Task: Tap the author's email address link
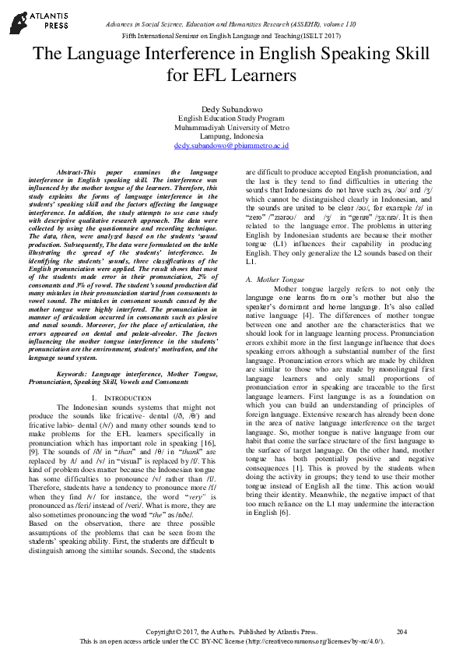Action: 231,145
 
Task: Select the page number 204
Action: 402,631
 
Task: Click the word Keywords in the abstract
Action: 72,374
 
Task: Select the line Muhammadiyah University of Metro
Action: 231,127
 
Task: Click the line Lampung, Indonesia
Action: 231,136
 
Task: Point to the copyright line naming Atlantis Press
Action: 232,631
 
